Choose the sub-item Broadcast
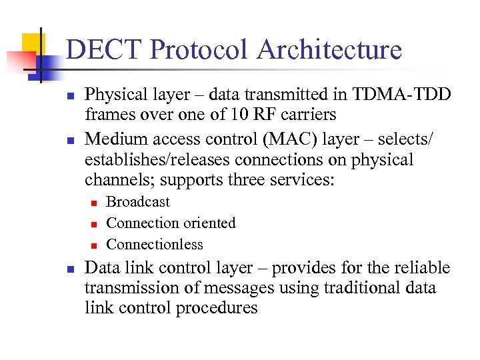(138, 202)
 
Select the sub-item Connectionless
(155, 244)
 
